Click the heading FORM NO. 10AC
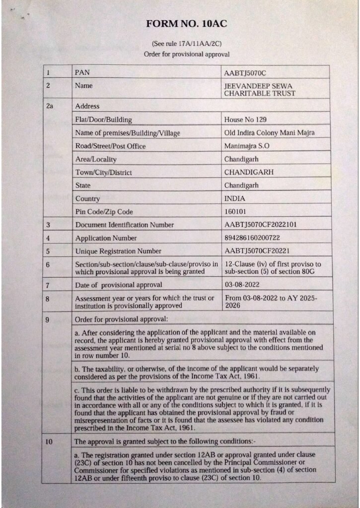(x=186, y=24)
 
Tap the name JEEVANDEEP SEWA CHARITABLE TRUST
(x=260, y=90)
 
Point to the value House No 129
(x=246, y=120)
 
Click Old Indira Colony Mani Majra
(x=269, y=133)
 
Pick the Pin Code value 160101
(x=236, y=212)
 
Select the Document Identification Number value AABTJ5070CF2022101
(x=261, y=225)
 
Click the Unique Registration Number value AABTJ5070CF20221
(x=257, y=251)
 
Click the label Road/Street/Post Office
(x=110, y=146)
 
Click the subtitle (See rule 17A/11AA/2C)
(x=186, y=44)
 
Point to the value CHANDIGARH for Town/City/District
(x=249, y=173)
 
